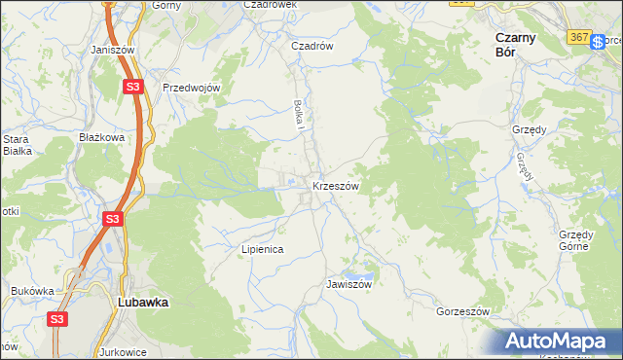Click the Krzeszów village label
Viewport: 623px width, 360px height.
(337, 186)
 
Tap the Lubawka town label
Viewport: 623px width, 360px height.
(142, 303)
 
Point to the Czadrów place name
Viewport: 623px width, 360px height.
(312, 46)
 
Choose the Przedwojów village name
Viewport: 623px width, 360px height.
(193, 88)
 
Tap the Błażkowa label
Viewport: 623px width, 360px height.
(102, 138)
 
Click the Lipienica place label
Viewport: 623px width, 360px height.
(262, 250)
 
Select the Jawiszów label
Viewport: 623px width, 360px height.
(349, 285)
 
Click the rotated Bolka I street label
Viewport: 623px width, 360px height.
(301, 115)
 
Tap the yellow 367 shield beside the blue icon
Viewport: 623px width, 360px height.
(578, 37)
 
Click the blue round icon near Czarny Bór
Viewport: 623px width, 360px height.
(599, 43)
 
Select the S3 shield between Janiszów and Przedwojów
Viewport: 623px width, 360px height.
(133, 87)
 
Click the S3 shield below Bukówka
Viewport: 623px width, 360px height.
(57, 318)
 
